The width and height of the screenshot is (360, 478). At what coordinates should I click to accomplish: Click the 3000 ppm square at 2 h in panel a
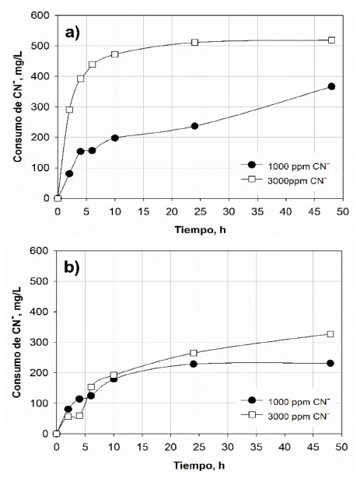(x=69, y=110)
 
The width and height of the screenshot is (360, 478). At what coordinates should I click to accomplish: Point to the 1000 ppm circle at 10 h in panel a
(x=114, y=138)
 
